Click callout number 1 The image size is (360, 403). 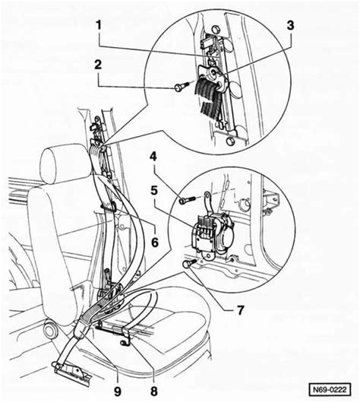click(99, 26)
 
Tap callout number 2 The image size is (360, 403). click(98, 65)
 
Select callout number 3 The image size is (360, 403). click(290, 25)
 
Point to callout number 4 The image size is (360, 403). click(153, 157)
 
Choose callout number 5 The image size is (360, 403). click(154, 190)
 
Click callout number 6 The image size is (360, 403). click(155, 242)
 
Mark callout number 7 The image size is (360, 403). click(240, 310)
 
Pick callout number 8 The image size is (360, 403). click(154, 392)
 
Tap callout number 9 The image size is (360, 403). click(118, 392)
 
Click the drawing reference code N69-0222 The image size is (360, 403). click(330, 389)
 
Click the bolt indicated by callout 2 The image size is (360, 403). click(181, 87)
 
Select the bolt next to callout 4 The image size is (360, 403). click(187, 200)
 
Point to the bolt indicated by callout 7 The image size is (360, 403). click(188, 263)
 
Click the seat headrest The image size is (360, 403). click(63, 164)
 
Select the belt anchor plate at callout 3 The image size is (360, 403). click(213, 77)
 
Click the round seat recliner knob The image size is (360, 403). click(50, 331)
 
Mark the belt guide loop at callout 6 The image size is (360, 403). click(109, 205)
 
